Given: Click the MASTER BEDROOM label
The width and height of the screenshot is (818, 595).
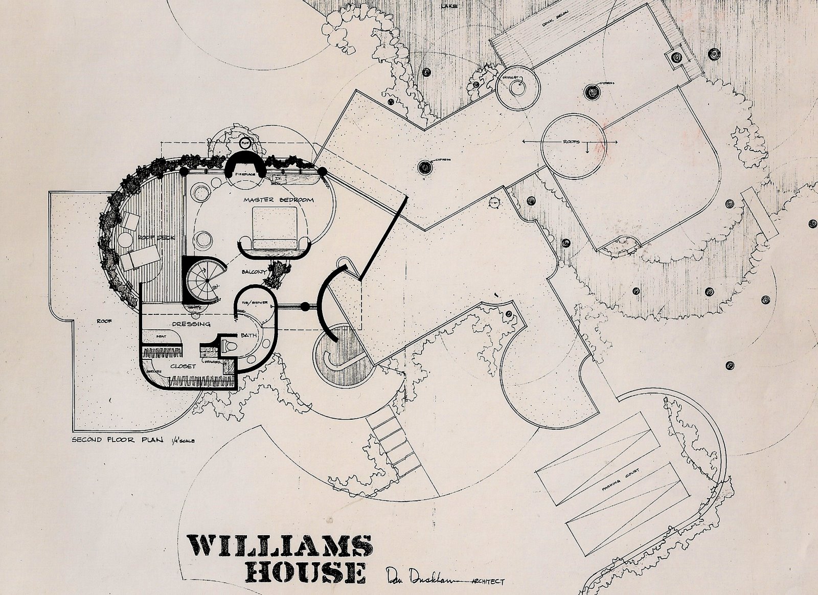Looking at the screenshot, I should point(278,200).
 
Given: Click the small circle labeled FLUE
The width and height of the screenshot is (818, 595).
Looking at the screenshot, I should point(244,143).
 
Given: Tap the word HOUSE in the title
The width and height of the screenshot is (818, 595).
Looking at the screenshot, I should point(305,573).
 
